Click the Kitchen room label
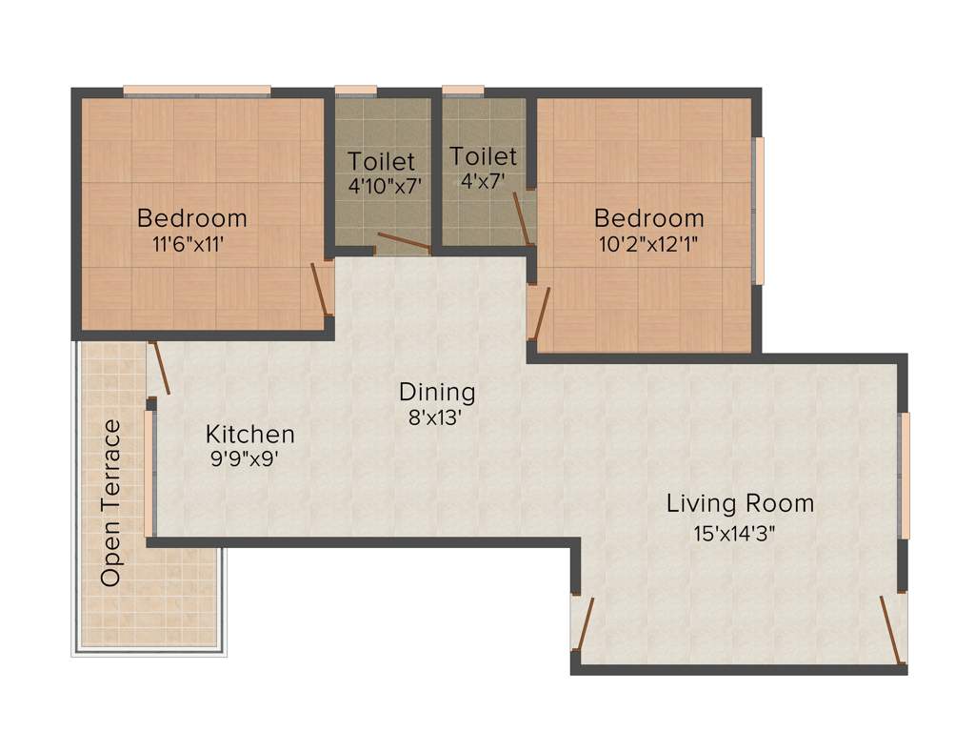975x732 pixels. [249, 435]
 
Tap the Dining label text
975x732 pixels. [436, 392]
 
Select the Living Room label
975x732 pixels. [740, 503]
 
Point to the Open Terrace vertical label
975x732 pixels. [111, 502]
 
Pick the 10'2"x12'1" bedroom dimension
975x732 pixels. [648, 243]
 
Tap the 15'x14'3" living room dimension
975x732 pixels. [734, 533]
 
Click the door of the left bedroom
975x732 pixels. [322, 289]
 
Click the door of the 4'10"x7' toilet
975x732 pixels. [404, 243]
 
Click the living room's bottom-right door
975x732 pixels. [891, 628]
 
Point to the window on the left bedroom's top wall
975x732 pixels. [197, 91]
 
